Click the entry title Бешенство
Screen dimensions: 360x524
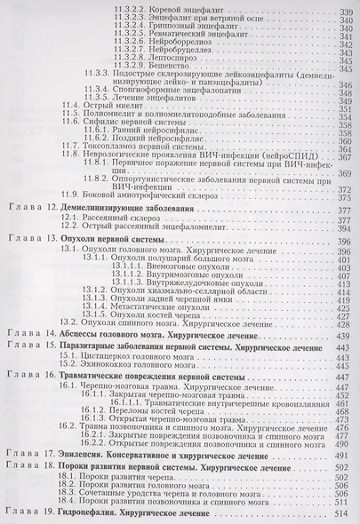173,66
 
